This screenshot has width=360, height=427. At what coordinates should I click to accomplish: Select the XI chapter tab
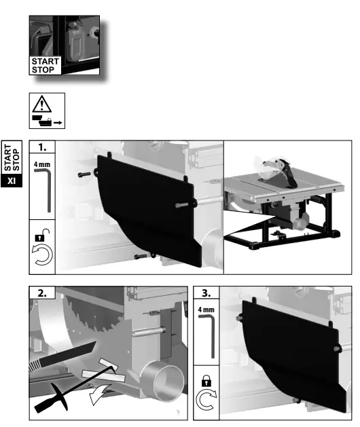[x=11, y=181]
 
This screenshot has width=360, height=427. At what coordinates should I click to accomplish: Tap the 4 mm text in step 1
[x=41, y=164]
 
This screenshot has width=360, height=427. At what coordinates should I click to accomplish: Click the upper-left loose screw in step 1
[x=83, y=174]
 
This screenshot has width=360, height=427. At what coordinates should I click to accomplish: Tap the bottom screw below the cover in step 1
[x=140, y=256]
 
